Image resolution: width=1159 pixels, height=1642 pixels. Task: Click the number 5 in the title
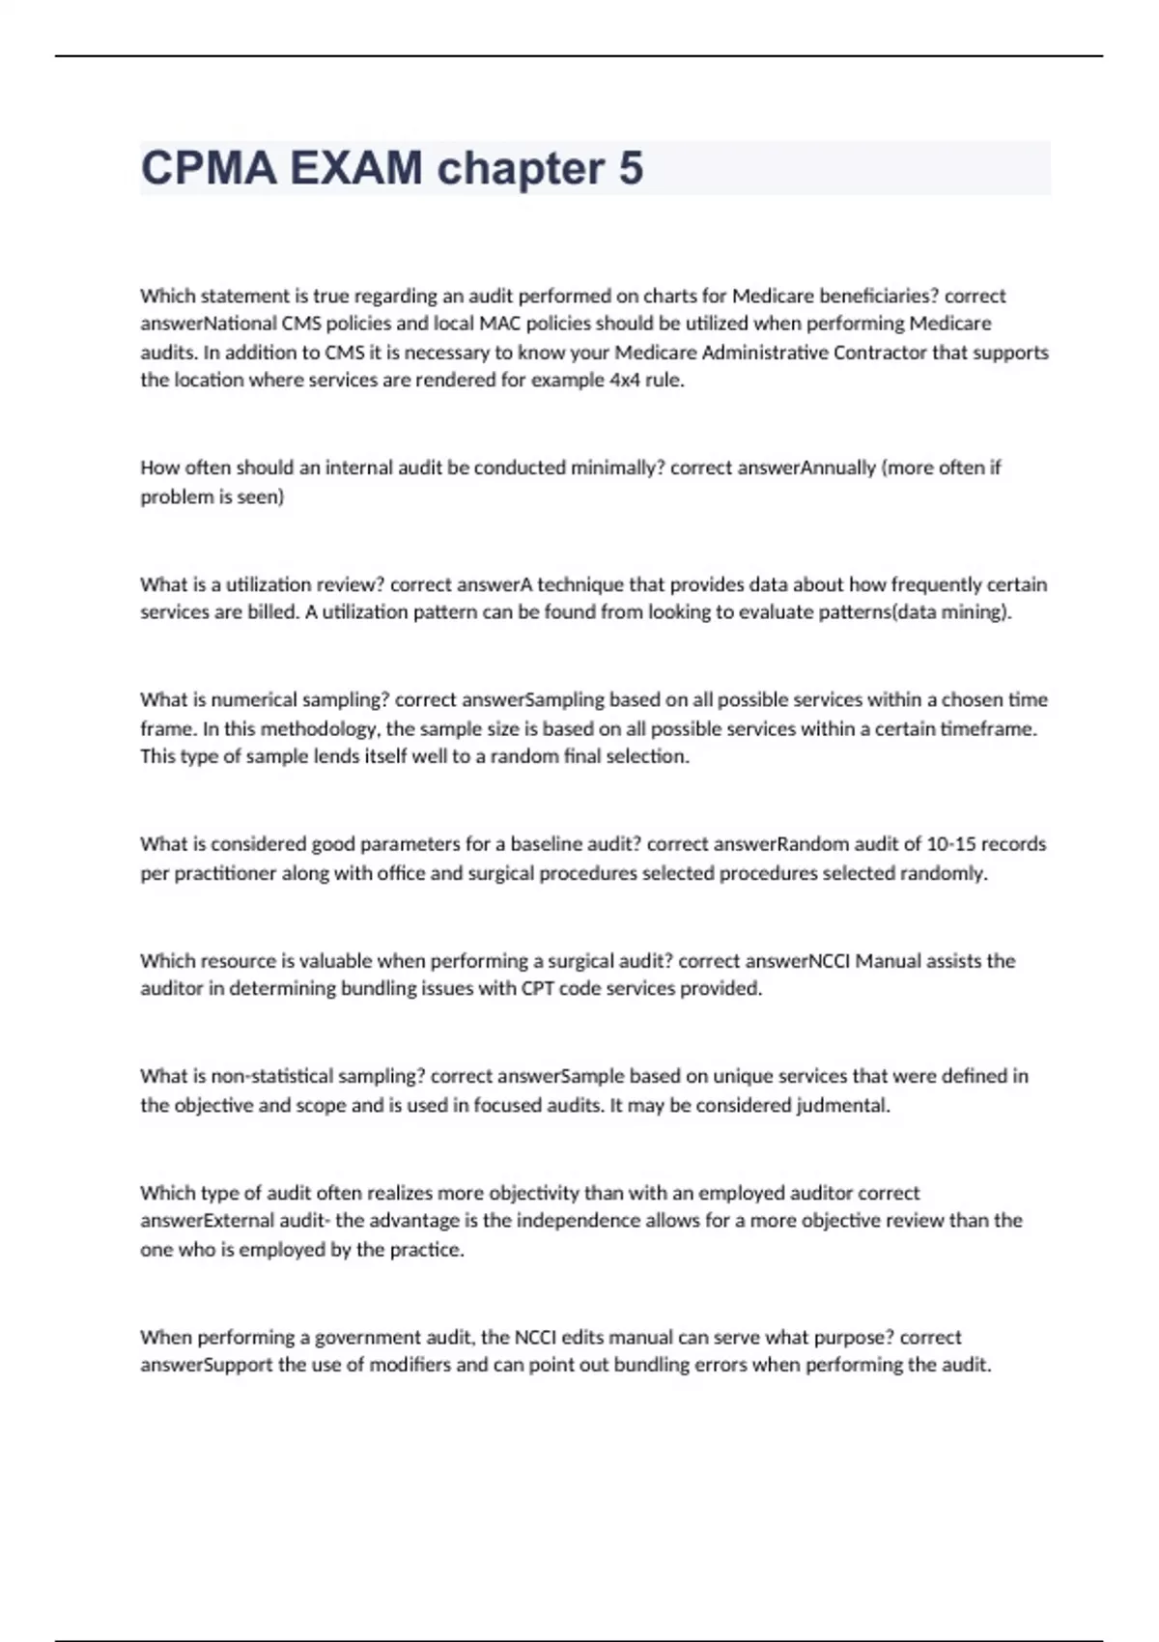tap(630, 168)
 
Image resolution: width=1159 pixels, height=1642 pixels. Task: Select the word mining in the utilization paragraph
tap(975, 612)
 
